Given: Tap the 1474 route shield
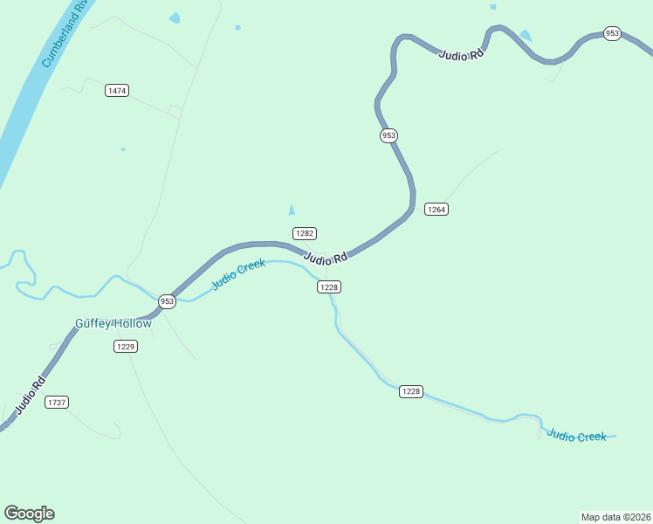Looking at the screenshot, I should click(x=116, y=91).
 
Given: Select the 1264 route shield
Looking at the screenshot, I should click(x=436, y=209).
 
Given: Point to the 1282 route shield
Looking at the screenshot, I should click(x=304, y=233).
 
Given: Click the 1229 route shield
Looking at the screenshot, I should click(x=126, y=347).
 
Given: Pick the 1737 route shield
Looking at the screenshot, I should click(x=57, y=402).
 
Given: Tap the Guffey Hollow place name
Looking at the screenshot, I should click(x=113, y=324).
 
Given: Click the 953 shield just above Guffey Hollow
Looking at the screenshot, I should click(x=167, y=301).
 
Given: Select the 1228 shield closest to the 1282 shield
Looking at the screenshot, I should click(x=328, y=287).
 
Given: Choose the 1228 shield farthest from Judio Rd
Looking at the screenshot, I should click(x=411, y=391).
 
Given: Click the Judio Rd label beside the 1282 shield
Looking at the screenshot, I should click(x=326, y=258).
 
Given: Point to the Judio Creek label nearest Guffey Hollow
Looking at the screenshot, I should click(x=238, y=274).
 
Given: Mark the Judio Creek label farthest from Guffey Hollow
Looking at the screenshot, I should click(x=576, y=436).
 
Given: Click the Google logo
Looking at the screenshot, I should click(x=29, y=514).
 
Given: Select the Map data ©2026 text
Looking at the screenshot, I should click(x=615, y=516).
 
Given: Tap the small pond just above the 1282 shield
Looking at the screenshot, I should click(x=292, y=210).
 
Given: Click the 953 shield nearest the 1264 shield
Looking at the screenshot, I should click(x=388, y=135).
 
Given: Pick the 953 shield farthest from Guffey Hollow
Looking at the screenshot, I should click(x=612, y=34).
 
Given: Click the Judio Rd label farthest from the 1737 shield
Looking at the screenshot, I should click(x=462, y=55).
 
